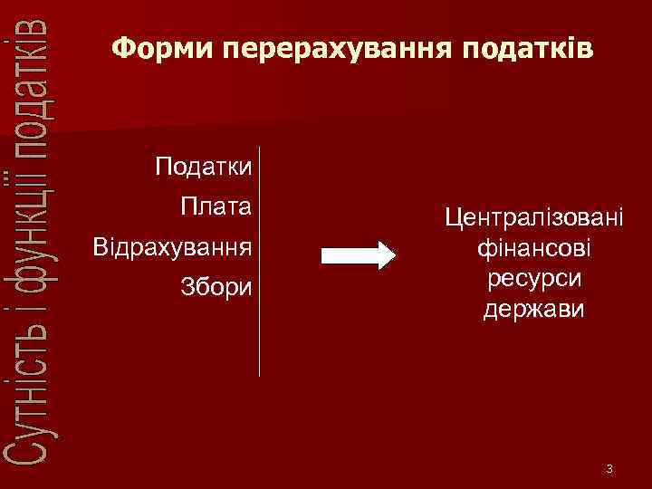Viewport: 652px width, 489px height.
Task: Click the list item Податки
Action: pos(203,168)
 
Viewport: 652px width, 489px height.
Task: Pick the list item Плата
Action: pos(216,207)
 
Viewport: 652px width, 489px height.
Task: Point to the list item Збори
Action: pos(215,287)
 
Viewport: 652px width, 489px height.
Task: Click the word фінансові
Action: pos(533,247)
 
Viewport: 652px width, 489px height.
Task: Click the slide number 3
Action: pos(609,469)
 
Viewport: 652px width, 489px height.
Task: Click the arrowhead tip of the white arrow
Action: pos(394,254)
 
